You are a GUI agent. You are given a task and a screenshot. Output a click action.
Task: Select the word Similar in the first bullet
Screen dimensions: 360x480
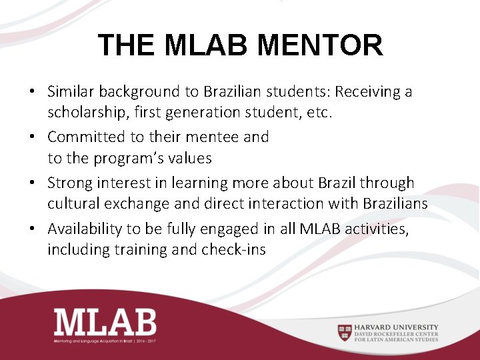pyautogui.click(x=71, y=91)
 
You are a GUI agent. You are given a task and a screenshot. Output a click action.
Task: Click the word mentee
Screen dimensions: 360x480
pyautogui.click(x=210, y=137)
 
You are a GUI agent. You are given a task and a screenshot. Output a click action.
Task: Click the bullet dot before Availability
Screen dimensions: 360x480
pyautogui.click(x=33, y=229)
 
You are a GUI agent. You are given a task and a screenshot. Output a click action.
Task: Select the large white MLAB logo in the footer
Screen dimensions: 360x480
pyautogui.click(x=105, y=321)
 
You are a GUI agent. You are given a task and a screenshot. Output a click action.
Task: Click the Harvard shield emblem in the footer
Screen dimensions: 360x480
pyautogui.click(x=344, y=331)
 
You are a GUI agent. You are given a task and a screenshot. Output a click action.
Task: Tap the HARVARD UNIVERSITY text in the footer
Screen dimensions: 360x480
pyautogui.click(x=396, y=327)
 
